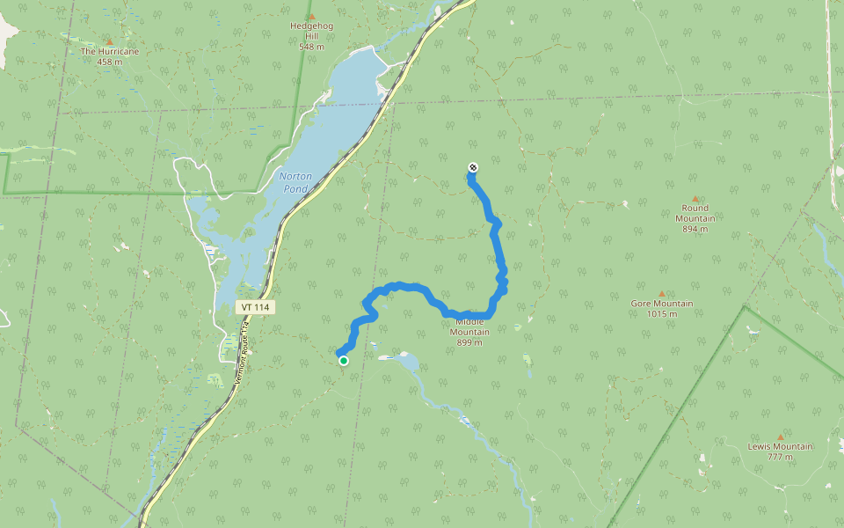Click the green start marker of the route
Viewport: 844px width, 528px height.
[x=344, y=361]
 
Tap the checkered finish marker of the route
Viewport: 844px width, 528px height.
[x=473, y=167]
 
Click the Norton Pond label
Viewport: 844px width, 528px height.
[x=295, y=182]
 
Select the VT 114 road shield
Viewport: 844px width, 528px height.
[x=256, y=307]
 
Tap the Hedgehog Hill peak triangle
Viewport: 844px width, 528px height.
[x=311, y=17]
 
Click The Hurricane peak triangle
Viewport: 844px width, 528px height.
[x=109, y=42]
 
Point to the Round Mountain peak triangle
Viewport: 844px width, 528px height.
[x=695, y=200]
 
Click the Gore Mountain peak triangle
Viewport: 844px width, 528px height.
[x=661, y=294]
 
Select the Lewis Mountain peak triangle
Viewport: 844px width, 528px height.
[x=780, y=436]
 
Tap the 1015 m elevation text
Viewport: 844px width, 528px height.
[x=662, y=314]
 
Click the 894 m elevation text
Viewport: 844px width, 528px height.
[x=695, y=229]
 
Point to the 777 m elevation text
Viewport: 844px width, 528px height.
[x=780, y=457]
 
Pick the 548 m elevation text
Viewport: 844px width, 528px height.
[x=311, y=47]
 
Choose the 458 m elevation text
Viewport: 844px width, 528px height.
[x=110, y=62]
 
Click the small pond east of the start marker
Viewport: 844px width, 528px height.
[x=408, y=361]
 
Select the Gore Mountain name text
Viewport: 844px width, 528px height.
[x=662, y=304]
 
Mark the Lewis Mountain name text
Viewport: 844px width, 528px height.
[x=780, y=446]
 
